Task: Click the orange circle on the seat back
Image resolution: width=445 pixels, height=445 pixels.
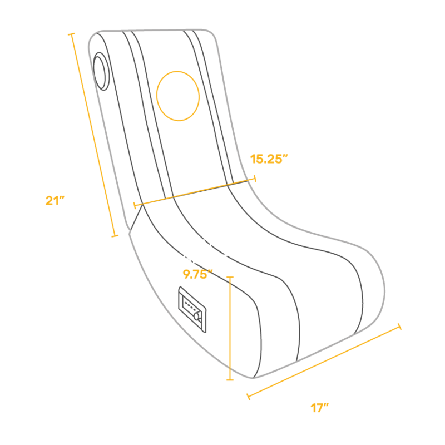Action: [x=178, y=96]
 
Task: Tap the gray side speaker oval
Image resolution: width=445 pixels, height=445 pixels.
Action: [x=102, y=71]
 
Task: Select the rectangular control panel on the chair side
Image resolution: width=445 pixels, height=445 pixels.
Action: [x=192, y=309]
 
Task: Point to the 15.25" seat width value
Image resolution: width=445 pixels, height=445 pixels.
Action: [x=269, y=159]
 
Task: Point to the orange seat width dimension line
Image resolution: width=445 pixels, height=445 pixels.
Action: [x=195, y=192]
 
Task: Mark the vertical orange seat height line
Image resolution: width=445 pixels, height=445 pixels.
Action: [x=230, y=328]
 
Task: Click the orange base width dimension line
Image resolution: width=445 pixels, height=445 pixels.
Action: [x=323, y=362]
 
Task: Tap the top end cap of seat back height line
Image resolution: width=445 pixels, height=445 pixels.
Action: [x=71, y=34]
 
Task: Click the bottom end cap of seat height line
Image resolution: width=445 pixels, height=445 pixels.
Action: [x=230, y=380]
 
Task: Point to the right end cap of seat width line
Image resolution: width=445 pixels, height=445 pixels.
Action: [x=255, y=179]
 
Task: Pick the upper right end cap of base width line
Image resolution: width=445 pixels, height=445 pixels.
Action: [x=399, y=326]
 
